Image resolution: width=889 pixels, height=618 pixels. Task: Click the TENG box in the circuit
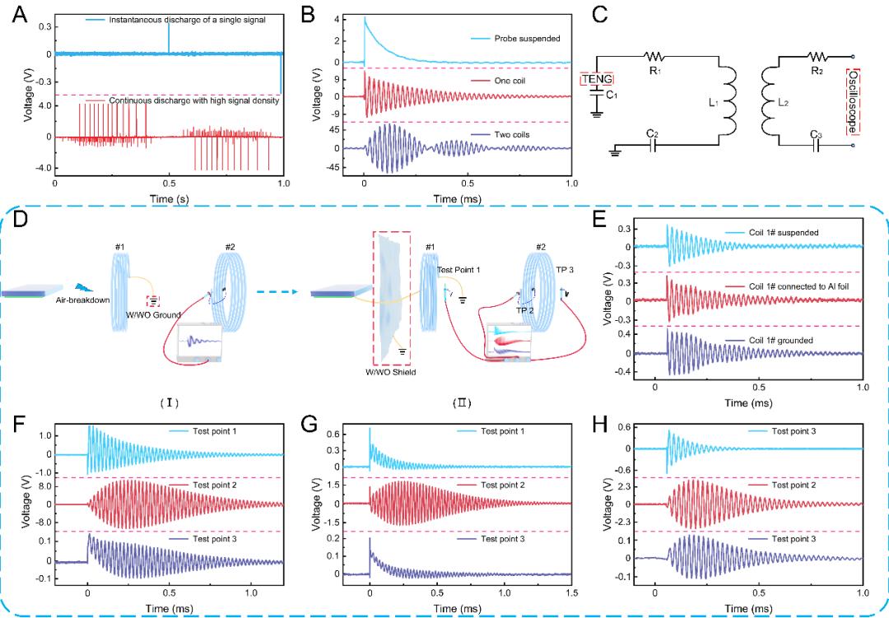click(597, 79)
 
